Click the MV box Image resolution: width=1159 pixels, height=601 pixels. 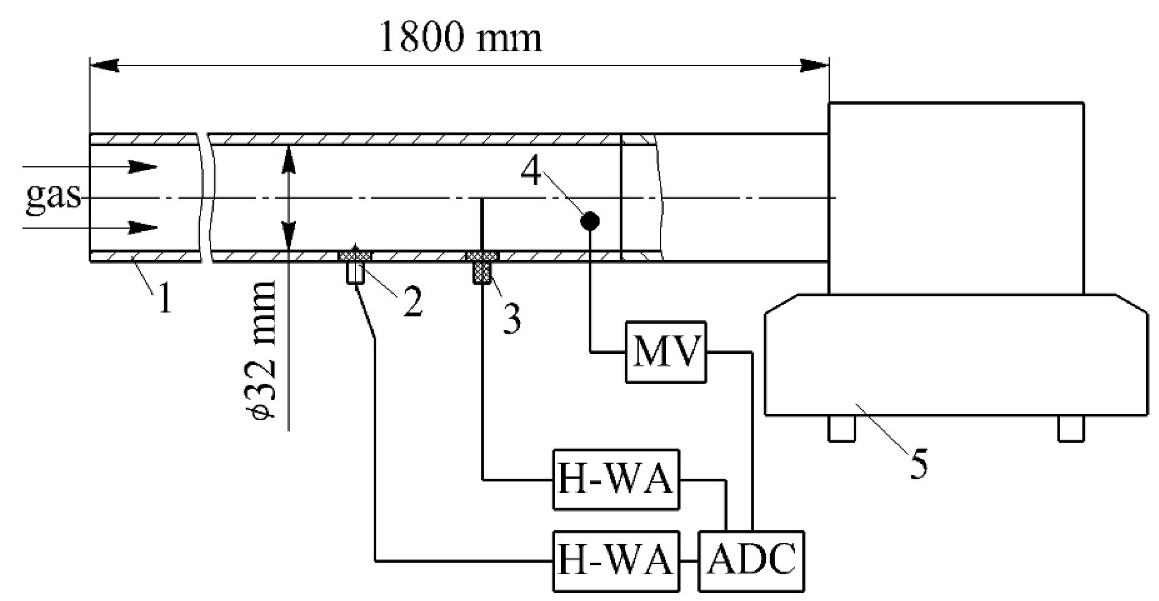(x=666, y=352)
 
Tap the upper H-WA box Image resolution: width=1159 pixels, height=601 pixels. (x=616, y=479)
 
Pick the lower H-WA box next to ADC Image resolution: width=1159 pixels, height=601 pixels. (x=616, y=561)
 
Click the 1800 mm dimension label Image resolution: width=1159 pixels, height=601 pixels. (x=460, y=39)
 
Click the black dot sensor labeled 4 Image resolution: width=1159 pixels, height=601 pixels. (x=590, y=222)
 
